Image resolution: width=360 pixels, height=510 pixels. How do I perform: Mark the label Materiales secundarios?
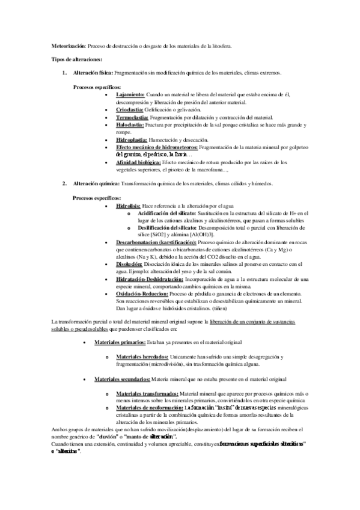tap(122, 379)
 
